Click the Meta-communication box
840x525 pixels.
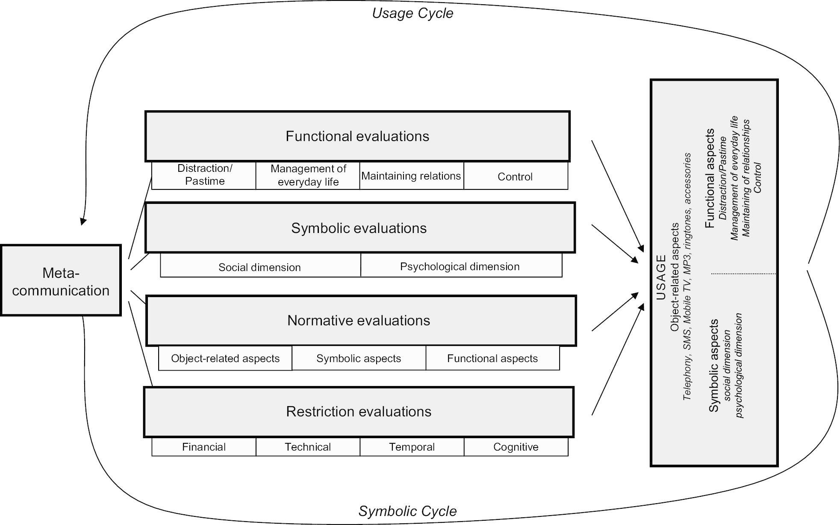(x=61, y=281)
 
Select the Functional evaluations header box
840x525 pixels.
(x=357, y=136)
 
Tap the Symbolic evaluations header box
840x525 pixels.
(x=360, y=228)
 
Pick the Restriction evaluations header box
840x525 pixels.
(x=358, y=412)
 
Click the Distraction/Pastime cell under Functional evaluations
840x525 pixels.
(x=204, y=175)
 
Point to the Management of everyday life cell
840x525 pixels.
(x=308, y=175)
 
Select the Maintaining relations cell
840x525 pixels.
(x=411, y=176)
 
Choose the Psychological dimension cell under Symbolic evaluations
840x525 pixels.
(x=460, y=266)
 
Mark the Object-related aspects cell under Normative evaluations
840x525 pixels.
(x=225, y=358)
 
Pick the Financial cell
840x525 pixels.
(x=204, y=447)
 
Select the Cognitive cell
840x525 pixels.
(x=516, y=447)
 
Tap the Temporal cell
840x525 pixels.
(x=412, y=447)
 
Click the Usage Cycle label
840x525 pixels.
(x=413, y=13)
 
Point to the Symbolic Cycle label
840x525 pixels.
(x=407, y=511)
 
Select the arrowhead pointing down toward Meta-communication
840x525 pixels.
(x=83, y=221)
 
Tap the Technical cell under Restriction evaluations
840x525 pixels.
(x=308, y=447)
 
